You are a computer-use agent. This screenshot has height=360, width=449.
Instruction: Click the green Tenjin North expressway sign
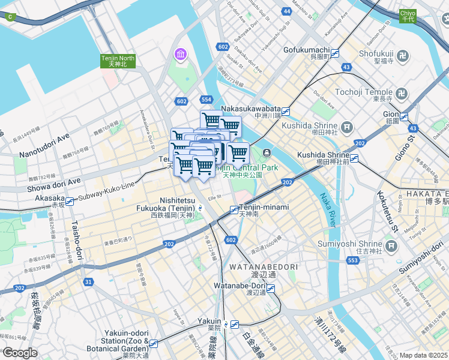118,61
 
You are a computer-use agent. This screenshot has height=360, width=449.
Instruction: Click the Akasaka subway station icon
70,202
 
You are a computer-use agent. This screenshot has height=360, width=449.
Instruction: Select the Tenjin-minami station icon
234,209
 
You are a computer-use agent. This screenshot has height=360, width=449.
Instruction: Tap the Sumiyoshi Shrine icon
391,246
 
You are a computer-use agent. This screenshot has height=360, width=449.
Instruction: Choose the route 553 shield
353,259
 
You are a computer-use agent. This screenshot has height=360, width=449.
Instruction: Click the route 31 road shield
89,282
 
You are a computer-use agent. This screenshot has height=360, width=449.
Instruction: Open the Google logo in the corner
20,353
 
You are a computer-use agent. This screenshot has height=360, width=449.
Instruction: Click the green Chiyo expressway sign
408,16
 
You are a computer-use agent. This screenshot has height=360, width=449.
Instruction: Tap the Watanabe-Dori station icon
271,289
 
